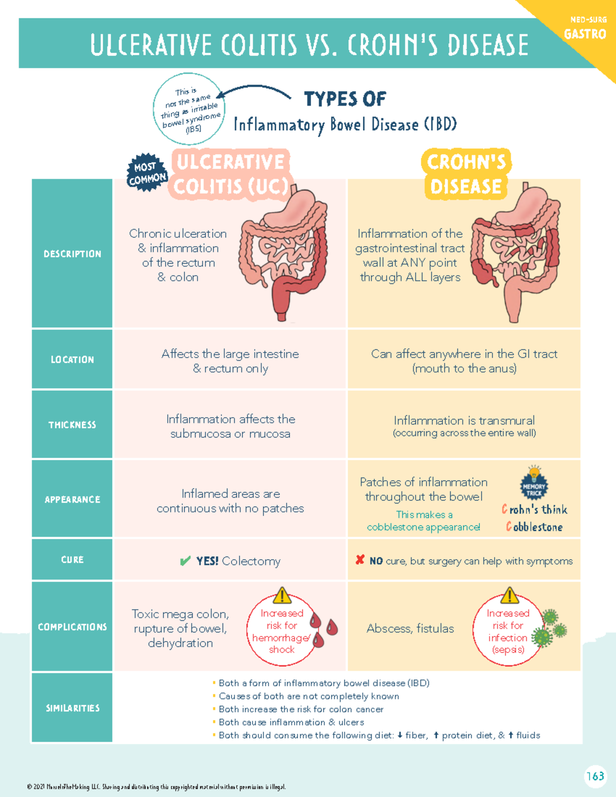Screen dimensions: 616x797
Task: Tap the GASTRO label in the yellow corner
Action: point(585,34)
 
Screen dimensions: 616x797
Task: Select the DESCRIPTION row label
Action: point(72,254)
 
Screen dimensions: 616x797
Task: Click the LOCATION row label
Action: point(72,359)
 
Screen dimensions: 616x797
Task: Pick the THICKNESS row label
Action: point(72,425)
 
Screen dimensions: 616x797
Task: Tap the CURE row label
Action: point(72,560)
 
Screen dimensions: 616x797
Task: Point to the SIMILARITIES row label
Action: point(72,708)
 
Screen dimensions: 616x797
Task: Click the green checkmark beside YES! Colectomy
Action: point(185,561)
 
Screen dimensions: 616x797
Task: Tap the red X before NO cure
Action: point(360,560)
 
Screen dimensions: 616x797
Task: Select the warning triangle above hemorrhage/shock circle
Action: point(282,596)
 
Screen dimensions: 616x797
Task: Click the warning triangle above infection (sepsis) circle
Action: point(509,596)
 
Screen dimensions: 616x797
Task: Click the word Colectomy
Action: point(251,561)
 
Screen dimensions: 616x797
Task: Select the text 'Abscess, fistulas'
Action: point(410,629)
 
